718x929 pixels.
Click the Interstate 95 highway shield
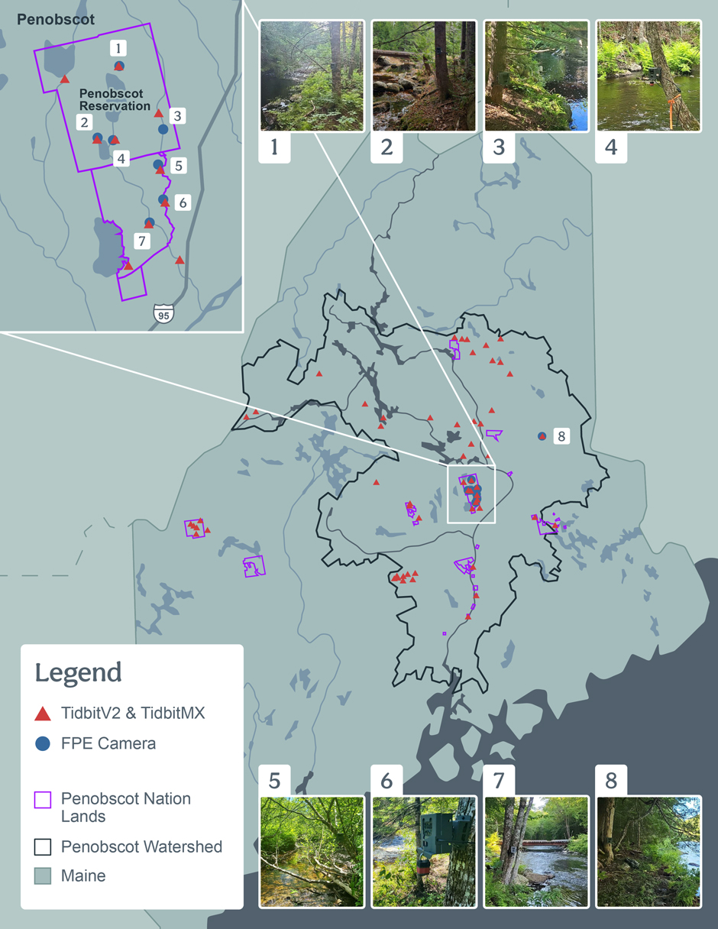[163, 313]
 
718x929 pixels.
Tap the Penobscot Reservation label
[115, 99]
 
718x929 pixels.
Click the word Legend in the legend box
[78, 672]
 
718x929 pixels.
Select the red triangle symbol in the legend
[43, 714]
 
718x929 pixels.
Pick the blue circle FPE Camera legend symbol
[43, 743]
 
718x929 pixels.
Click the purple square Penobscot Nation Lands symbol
[43, 800]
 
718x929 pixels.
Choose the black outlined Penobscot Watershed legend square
[43, 846]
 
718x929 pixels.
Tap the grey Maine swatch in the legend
[43, 876]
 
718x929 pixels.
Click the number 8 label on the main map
[561, 436]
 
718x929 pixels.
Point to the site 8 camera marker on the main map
[542, 436]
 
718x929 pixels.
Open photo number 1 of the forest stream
[311, 76]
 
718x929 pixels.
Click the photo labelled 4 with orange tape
[648, 76]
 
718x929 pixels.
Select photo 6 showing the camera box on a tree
[424, 851]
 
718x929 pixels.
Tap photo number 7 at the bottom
[536, 851]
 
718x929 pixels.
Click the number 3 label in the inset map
[177, 116]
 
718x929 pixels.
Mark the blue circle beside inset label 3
[163, 129]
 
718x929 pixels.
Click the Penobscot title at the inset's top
[56, 20]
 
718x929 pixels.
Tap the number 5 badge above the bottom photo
[274, 781]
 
